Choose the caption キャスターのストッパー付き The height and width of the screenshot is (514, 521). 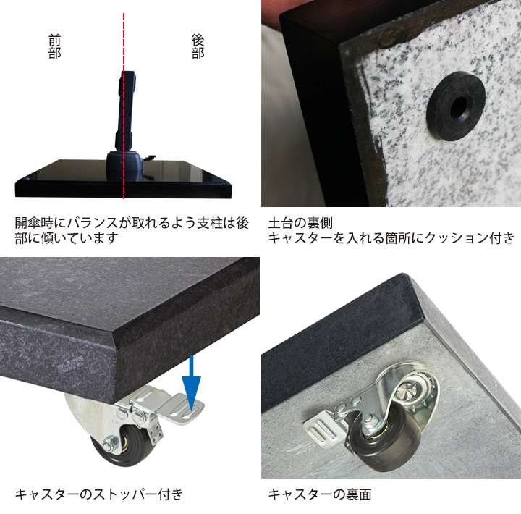(x=99, y=494)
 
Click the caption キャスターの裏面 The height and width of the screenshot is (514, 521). (x=319, y=494)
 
